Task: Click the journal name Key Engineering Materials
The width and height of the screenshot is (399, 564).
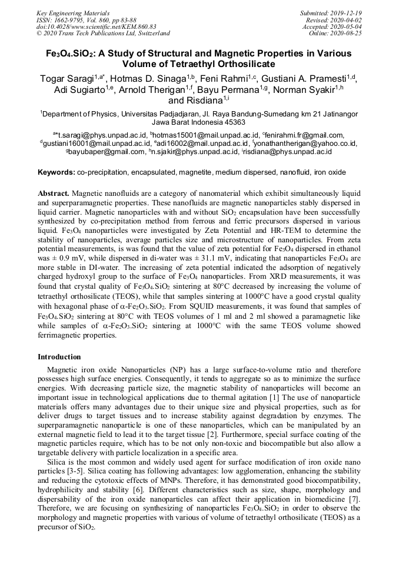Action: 74,13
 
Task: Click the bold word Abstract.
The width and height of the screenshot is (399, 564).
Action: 54,193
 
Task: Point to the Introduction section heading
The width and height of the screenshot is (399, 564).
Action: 59,357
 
